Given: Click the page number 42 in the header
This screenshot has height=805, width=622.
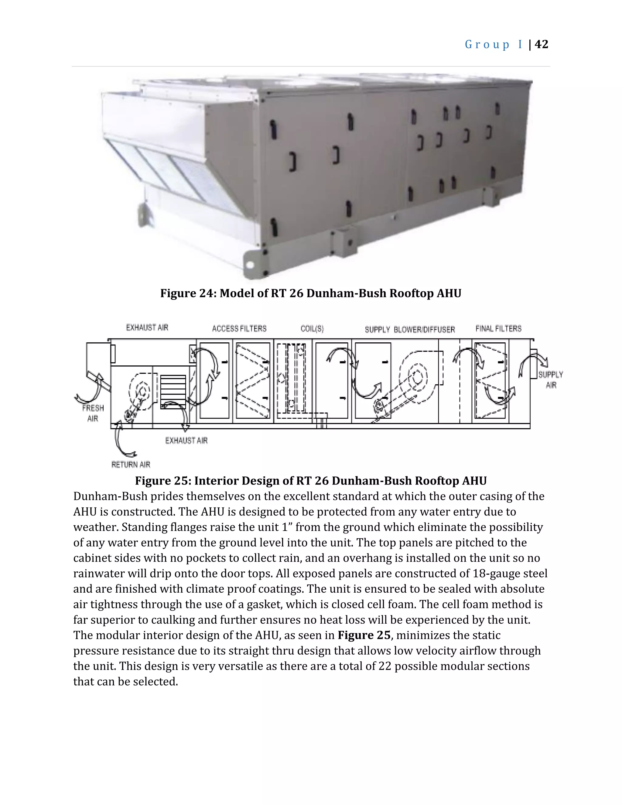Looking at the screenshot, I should tap(541, 44).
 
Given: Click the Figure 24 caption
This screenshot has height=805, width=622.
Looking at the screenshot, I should tap(311, 293).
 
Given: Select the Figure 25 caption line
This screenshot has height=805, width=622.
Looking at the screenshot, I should tap(311, 481).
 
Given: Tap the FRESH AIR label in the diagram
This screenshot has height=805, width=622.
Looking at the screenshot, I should tap(93, 413).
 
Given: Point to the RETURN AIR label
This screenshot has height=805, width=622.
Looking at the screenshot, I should tap(131, 464).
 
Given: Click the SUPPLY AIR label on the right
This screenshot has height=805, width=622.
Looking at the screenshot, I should tap(551, 380).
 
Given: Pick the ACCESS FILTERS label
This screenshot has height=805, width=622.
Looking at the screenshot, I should tap(239, 328).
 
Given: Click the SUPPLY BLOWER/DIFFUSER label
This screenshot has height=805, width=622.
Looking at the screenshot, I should tap(410, 330).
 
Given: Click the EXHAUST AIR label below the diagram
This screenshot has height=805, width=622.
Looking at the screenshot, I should tap(186, 440).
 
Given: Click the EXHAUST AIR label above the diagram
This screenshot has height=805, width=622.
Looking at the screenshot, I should tap(147, 327).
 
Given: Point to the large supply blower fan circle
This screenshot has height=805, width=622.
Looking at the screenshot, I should tap(418, 377).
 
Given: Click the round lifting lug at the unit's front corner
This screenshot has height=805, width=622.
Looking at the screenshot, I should tap(250, 264).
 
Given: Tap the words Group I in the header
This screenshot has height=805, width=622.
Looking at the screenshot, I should tap(494, 45).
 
